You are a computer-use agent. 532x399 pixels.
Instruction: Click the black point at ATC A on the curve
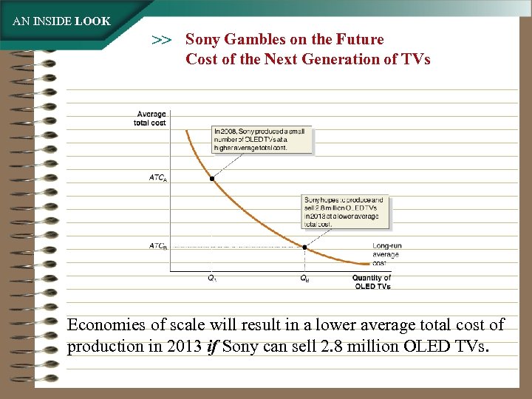[x=212, y=179]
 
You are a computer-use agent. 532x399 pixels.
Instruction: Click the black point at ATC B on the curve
[x=305, y=247]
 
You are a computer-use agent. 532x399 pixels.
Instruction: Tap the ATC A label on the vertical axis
[x=158, y=179]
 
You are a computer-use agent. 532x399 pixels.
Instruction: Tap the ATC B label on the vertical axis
[x=158, y=246]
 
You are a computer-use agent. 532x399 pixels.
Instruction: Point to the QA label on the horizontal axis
[x=211, y=279]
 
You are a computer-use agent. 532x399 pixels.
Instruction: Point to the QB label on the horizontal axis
[x=304, y=279]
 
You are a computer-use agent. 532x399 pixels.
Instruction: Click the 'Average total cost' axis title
[x=151, y=118]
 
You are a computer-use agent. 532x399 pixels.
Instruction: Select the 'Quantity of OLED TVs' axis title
[x=372, y=282]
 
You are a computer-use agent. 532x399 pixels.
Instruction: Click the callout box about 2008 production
[x=262, y=140]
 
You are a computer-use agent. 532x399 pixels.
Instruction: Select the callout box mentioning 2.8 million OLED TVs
[x=346, y=211]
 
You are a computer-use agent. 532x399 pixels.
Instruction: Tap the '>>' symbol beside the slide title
[x=162, y=40]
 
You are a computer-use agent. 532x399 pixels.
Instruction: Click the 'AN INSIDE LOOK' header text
[x=61, y=21]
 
